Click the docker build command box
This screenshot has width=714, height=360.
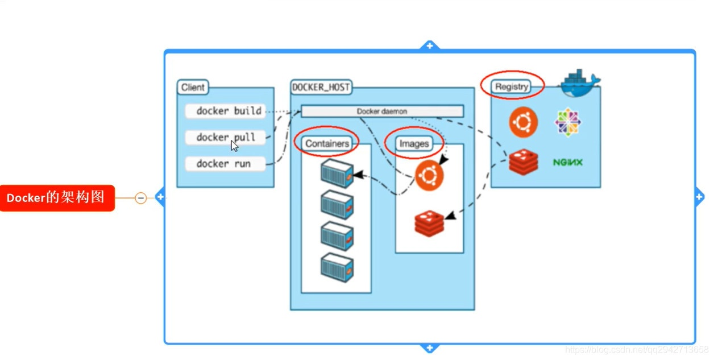(x=226, y=111)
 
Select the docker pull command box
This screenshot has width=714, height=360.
(x=226, y=138)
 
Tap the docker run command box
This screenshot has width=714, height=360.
(x=226, y=164)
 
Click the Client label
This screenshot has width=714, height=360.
(x=193, y=88)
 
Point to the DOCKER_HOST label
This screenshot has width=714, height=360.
(x=321, y=88)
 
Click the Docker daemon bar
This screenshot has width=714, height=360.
(x=381, y=111)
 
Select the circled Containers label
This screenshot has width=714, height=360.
(x=327, y=143)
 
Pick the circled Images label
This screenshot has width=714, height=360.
(x=414, y=143)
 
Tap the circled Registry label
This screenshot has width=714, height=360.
(x=512, y=86)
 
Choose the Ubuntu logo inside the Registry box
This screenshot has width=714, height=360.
(x=523, y=122)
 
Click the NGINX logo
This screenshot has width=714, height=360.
(x=568, y=163)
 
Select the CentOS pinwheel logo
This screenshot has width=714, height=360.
(x=568, y=122)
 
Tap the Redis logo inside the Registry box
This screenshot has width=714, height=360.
(x=523, y=162)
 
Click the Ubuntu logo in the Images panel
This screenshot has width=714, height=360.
(x=429, y=176)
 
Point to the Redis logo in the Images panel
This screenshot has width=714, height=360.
(x=429, y=224)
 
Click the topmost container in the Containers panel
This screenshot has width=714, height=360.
(x=337, y=173)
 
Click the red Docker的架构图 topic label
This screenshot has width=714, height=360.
(x=57, y=198)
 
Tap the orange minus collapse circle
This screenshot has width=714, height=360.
(x=141, y=198)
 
